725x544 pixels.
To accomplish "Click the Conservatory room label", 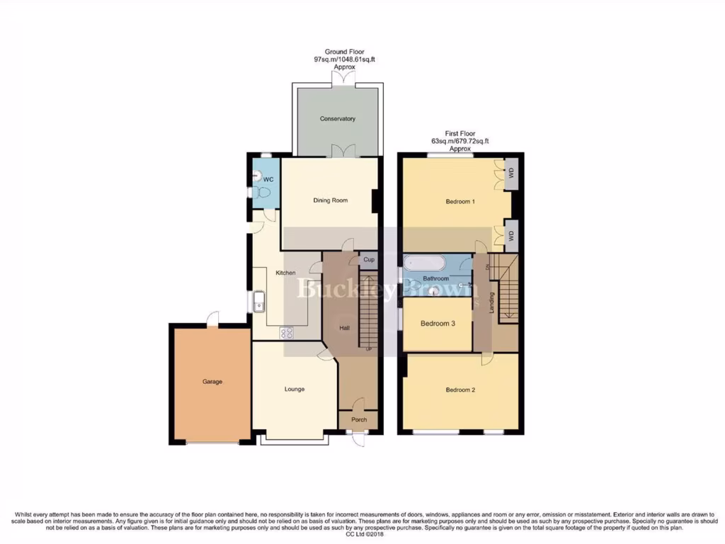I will click(337, 119).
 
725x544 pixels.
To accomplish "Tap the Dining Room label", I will click(331, 200).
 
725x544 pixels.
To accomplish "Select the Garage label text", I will click(212, 382).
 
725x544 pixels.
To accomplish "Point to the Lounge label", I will click(295, 389).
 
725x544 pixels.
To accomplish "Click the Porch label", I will click(358, 419).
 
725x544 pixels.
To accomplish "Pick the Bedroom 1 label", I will click(460, 202).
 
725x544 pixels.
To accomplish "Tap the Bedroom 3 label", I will click(438, 324).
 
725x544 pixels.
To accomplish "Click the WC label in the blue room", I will click(268, 179).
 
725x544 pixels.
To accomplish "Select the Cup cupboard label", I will click(369, 260).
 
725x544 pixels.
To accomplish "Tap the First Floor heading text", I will click(460, 132).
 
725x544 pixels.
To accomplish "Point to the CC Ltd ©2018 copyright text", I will click(362, 533).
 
